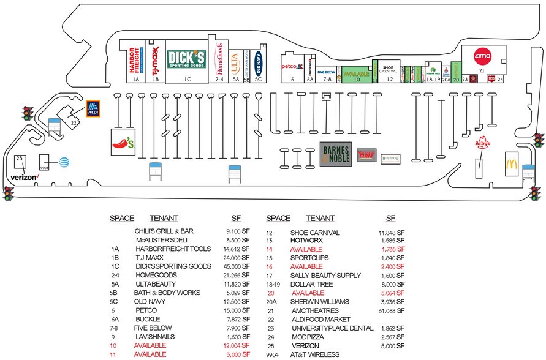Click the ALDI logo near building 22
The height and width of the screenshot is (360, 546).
(93, 109)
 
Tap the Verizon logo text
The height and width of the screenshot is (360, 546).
(25, 177)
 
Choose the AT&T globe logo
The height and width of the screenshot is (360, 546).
(63, 162)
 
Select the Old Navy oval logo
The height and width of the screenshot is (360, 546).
(259, 59)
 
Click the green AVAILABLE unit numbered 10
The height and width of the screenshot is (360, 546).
(355, 73)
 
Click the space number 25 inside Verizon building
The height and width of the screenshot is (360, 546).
(19, 159)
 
